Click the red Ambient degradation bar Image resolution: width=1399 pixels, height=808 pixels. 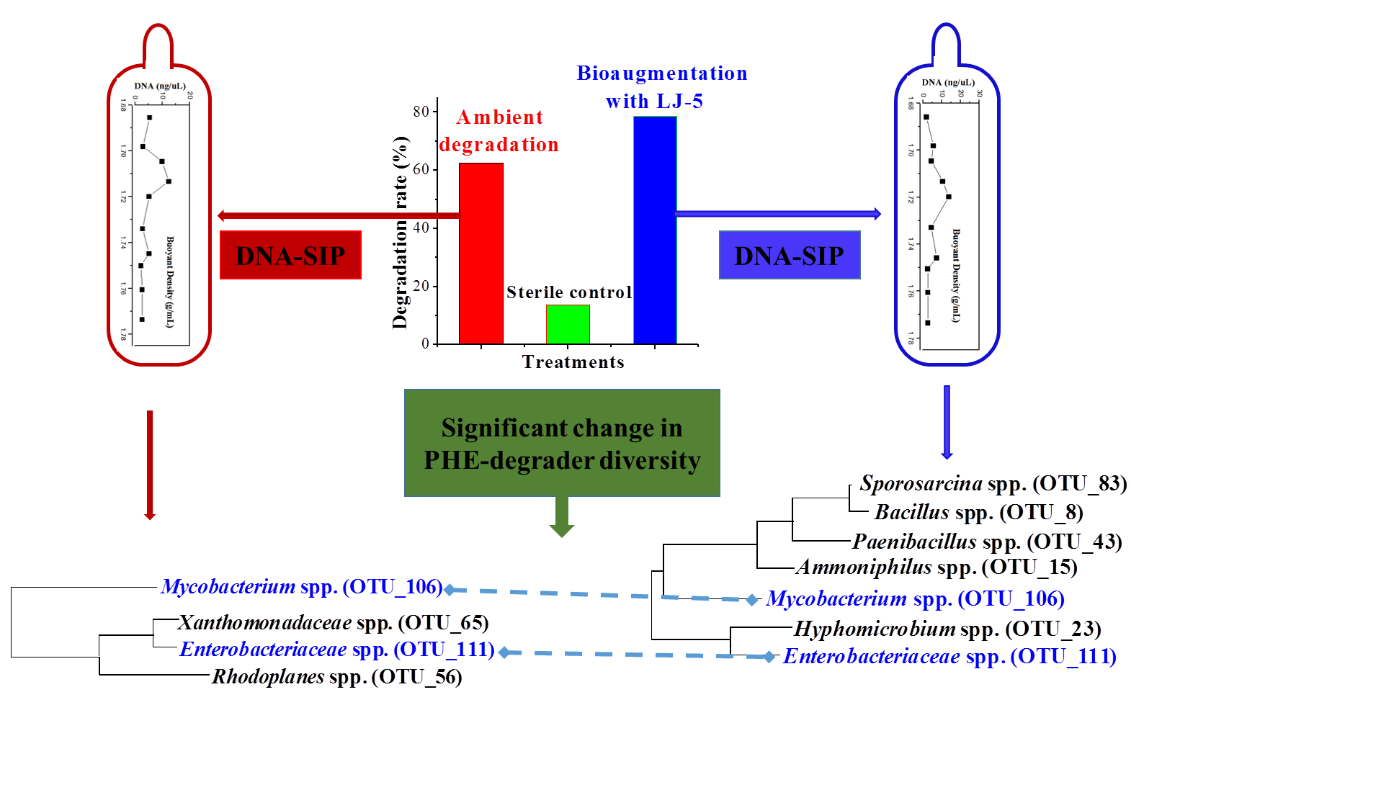tap(481, 253)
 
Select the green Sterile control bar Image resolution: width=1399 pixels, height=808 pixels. tap(568, 324)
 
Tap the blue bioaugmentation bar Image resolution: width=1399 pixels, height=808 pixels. tap(655, 230)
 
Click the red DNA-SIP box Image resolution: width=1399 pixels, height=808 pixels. tap(290, 255)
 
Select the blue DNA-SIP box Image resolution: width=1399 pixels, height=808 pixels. tap(790, 255)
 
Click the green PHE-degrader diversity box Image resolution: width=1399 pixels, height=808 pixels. tap(562, 443)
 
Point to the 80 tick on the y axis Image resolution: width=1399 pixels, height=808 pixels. tap(421, 112)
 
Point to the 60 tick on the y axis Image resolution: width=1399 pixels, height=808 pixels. tap(421, 169)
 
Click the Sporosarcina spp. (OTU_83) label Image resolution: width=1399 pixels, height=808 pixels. tap(993, 483)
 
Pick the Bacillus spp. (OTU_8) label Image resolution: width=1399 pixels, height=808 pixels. tap(978, 512)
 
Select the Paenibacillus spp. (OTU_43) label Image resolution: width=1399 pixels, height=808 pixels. tap(987, 542)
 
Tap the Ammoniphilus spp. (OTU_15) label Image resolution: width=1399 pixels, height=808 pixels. tap(937, 567)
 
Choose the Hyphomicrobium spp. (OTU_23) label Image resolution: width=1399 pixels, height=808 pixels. tap(947, 629)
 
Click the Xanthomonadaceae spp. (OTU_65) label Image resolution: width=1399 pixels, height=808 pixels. tap(334, 622)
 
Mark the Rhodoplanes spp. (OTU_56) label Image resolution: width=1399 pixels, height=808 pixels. tap(336, 677)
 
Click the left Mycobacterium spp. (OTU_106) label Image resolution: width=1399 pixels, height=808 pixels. tap(301, 587)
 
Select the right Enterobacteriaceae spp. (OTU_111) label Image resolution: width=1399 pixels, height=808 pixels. tap(949, 657)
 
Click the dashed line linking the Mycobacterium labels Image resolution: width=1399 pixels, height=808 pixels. tap(598, 594)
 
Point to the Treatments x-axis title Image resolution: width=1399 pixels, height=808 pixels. tap(573, 362)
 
